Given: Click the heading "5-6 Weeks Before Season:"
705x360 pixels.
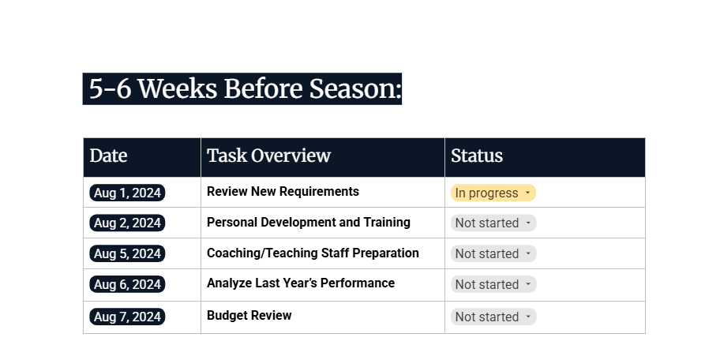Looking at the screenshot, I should click(x=242, y=88).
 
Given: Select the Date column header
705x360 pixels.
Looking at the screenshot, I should click(x=108, y=156).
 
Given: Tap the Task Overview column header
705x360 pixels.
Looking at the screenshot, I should click(x=268, y=156).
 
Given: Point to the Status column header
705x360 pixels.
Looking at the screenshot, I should click(x=477, y=156).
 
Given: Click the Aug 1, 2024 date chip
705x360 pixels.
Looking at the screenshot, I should click(x=127, y=193).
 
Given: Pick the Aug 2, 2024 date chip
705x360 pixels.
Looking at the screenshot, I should click(x=127, y=223).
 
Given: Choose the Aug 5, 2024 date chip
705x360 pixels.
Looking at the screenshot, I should click(x=127, y=253).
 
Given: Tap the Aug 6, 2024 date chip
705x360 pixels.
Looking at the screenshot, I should click(x=127, y=284).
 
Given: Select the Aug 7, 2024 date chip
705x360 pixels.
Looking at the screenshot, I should click(x=127, y=317).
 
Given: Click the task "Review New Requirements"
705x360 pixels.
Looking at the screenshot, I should click(x=283, y=192).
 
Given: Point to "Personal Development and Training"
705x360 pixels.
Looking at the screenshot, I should click(x=308, y=223).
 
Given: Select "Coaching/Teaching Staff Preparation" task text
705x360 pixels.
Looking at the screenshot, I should click(x=313, y=253).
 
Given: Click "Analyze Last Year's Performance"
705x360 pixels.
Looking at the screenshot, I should click(x=300, y=283).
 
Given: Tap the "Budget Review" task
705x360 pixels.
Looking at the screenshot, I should click(x=249, y=316).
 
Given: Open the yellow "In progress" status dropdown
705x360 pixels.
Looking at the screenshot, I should click(x=493, y=193).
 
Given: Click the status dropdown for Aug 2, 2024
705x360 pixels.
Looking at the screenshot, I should click(x=493, y=223).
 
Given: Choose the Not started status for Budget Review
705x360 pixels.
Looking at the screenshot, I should click(x=493, y=317).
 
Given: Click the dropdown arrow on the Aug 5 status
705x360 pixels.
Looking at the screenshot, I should click(x=528, y=254).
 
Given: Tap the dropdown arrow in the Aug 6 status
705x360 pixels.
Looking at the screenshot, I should click(x=528, y=285).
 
